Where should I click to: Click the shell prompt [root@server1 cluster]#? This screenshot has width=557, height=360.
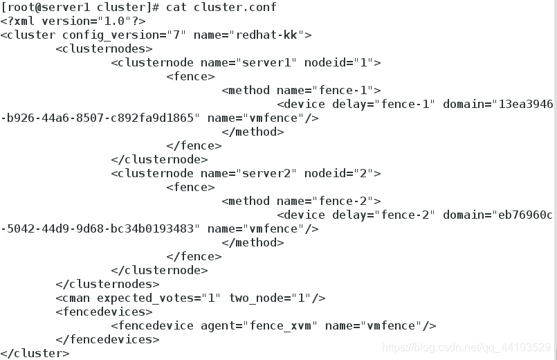tap(80, 8)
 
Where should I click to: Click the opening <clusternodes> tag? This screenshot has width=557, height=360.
tap(104, 49)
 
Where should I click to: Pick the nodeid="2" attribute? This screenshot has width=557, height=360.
tap(339, 174)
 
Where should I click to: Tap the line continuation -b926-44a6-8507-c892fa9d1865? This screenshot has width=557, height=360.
tap(100, 118)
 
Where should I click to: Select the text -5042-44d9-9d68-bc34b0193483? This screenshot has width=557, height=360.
tap(100, 229)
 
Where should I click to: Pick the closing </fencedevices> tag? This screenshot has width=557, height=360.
tap(107, 340)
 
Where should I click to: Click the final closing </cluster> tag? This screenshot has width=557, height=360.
tap(35, 354)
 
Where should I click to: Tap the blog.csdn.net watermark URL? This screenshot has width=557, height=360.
tap(466, 347)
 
